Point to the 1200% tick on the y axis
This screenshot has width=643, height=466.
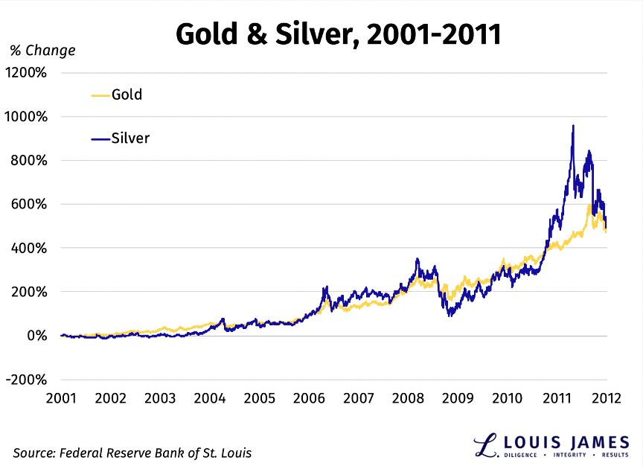click(28, 73)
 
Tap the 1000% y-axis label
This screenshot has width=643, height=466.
click(28, 117)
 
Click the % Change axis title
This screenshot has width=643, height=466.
click(42, 51)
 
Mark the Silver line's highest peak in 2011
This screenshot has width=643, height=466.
click(572, 127)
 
